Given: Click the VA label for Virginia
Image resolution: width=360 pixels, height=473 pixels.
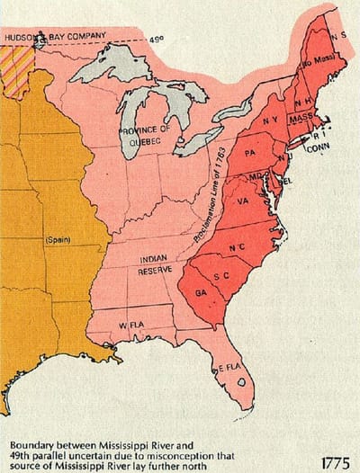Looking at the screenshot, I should pyautogui.click(x=244, y=203).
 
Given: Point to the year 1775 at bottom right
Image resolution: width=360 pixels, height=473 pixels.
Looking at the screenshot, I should pyautogui.click(x=335, y=460).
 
